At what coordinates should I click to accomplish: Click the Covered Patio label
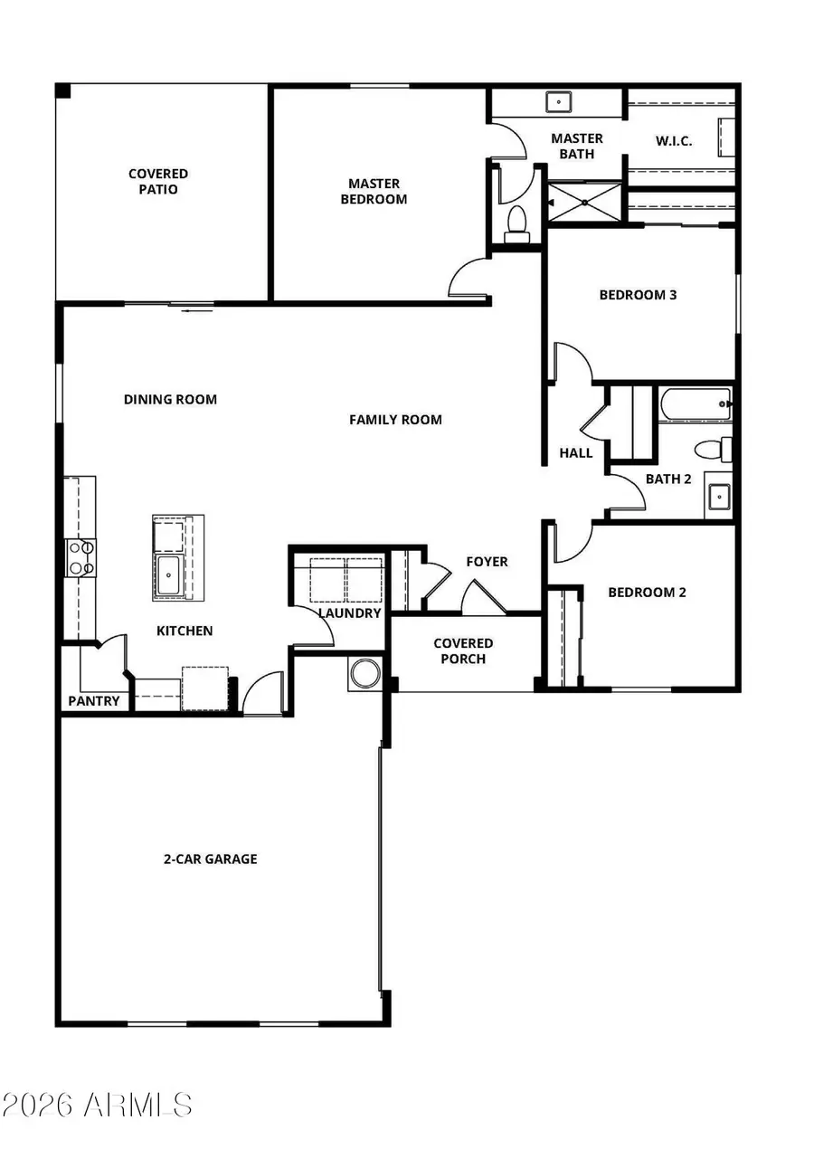point(158,181)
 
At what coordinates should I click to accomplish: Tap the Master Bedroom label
point(374,192)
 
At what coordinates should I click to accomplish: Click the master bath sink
point(559,101)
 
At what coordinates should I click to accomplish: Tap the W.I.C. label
point(673,141)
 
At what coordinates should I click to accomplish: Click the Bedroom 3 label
point(639,295)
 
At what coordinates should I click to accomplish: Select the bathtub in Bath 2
point(696,403)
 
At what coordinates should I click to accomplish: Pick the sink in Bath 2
point(718,497)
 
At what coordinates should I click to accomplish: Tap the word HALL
point(576,452)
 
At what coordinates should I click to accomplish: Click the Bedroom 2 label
point(647,593)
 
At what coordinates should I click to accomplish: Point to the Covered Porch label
point(463,651)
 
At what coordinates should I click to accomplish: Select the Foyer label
point(487,562)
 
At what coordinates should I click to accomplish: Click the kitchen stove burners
point(80,557)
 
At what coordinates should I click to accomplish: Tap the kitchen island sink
point(170,575)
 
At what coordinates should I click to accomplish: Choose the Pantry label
point(94,701)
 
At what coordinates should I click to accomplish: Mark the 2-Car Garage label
point(210,859)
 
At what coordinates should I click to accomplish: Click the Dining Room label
point(170,399)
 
